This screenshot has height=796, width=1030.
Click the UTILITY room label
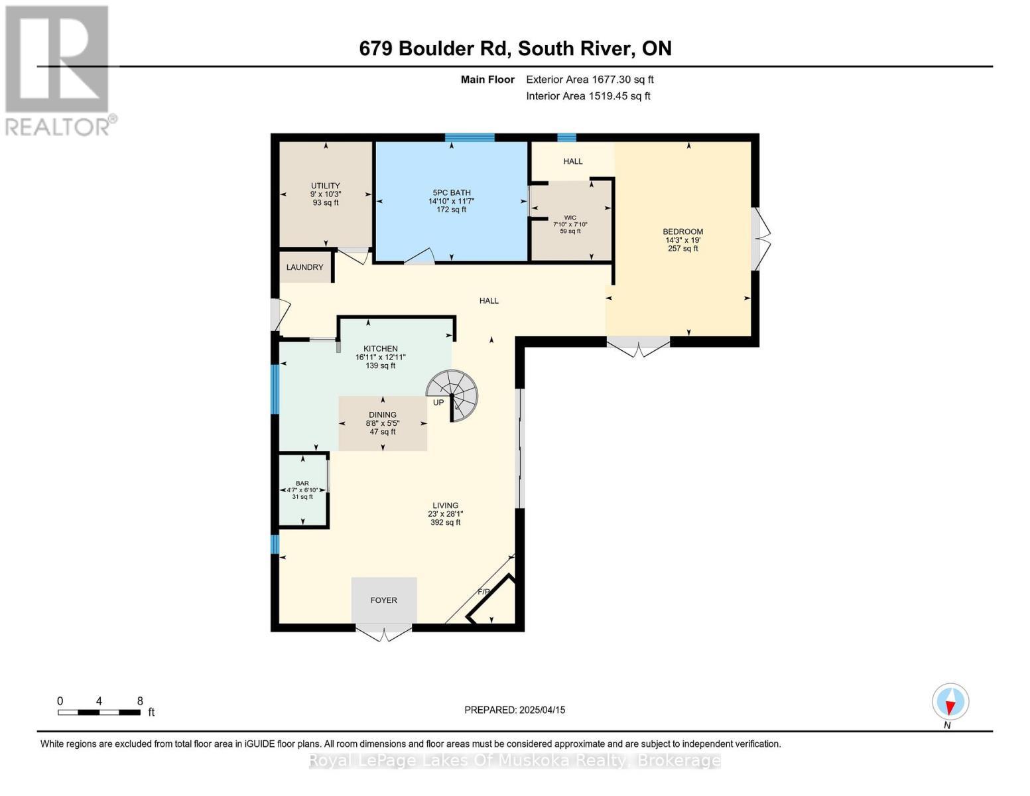(x=325, y=186)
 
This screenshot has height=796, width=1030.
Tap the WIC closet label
(x=570, y=218)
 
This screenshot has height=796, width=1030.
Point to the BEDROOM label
(x=682, y=232)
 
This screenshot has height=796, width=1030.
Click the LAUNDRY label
(x=304, y=267)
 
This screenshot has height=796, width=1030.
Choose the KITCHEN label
(x=380, y=349)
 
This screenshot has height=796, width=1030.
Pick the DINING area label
(x=383, y=415)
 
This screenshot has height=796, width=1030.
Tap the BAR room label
(x=302, y=484)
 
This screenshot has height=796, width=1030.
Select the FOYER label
(x=383, y=600)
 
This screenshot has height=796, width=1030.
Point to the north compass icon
(x=950, y=702)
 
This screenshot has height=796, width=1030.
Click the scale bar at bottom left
(x=99, y=712)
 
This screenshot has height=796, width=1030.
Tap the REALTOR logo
(x=58, y=70)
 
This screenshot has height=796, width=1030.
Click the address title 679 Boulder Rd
(x=515, y=48)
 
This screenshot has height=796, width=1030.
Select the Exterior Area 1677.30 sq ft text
(x=590, y=80)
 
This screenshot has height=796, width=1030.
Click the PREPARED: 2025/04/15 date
(x=515, y=710)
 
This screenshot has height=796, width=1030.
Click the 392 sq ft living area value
(x=445, y=523)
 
